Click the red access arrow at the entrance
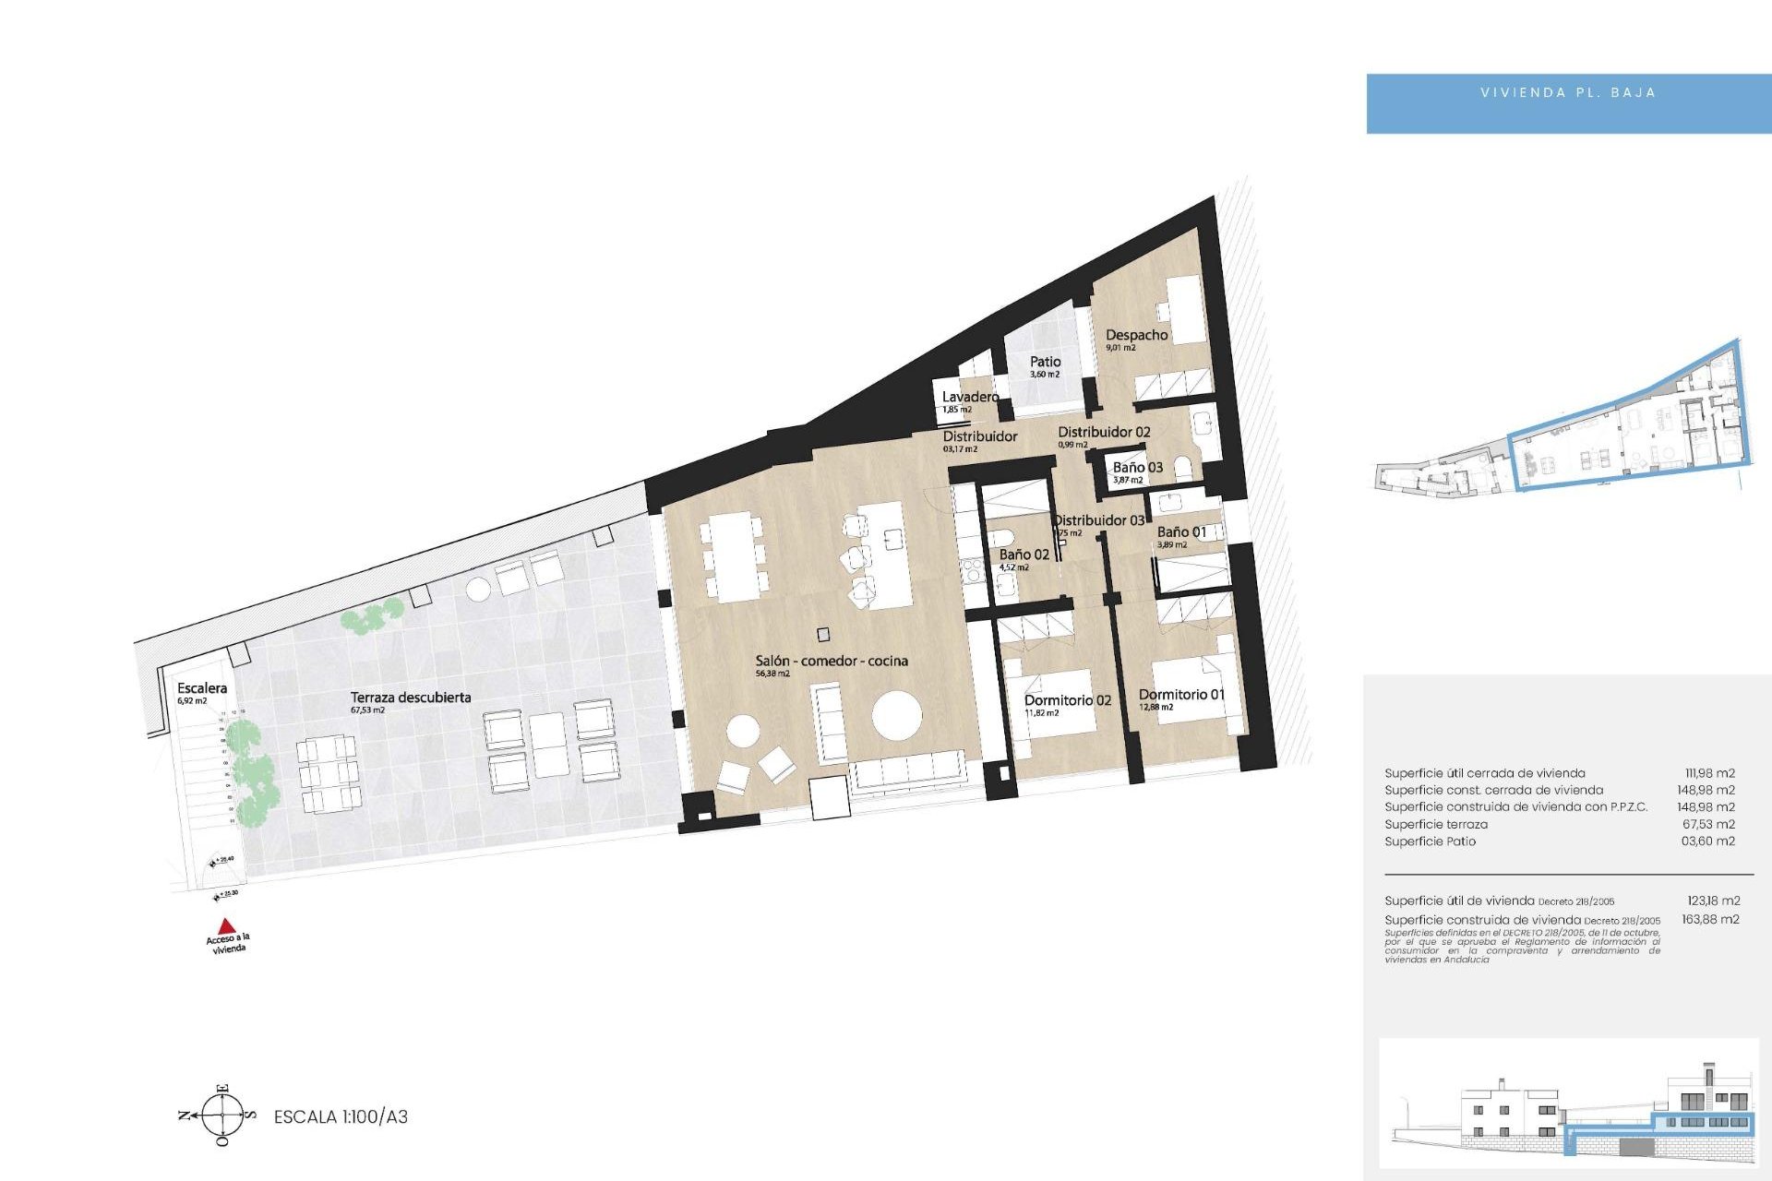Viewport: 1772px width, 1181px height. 225,925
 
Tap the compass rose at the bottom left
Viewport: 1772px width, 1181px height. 223,1115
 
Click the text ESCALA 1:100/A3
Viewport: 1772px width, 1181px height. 341,1116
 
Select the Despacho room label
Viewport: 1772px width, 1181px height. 1136,335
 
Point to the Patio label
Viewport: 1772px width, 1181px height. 1045,362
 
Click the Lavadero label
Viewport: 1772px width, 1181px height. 969,397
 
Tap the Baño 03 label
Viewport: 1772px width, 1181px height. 1137,468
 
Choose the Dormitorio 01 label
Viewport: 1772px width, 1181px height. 1181,694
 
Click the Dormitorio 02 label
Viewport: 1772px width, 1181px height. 1067,700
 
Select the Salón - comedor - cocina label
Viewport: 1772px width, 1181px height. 831,661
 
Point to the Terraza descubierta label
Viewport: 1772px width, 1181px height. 411,698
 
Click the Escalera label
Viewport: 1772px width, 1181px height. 202,688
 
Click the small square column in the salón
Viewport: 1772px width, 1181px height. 823,635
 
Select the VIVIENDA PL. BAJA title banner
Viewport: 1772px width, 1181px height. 1567,93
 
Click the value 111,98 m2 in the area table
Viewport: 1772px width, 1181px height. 1709,773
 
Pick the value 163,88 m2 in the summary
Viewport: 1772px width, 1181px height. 1710,919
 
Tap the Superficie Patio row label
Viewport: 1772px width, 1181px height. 1430,841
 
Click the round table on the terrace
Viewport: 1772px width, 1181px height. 478,589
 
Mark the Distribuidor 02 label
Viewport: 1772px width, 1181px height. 1104,432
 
